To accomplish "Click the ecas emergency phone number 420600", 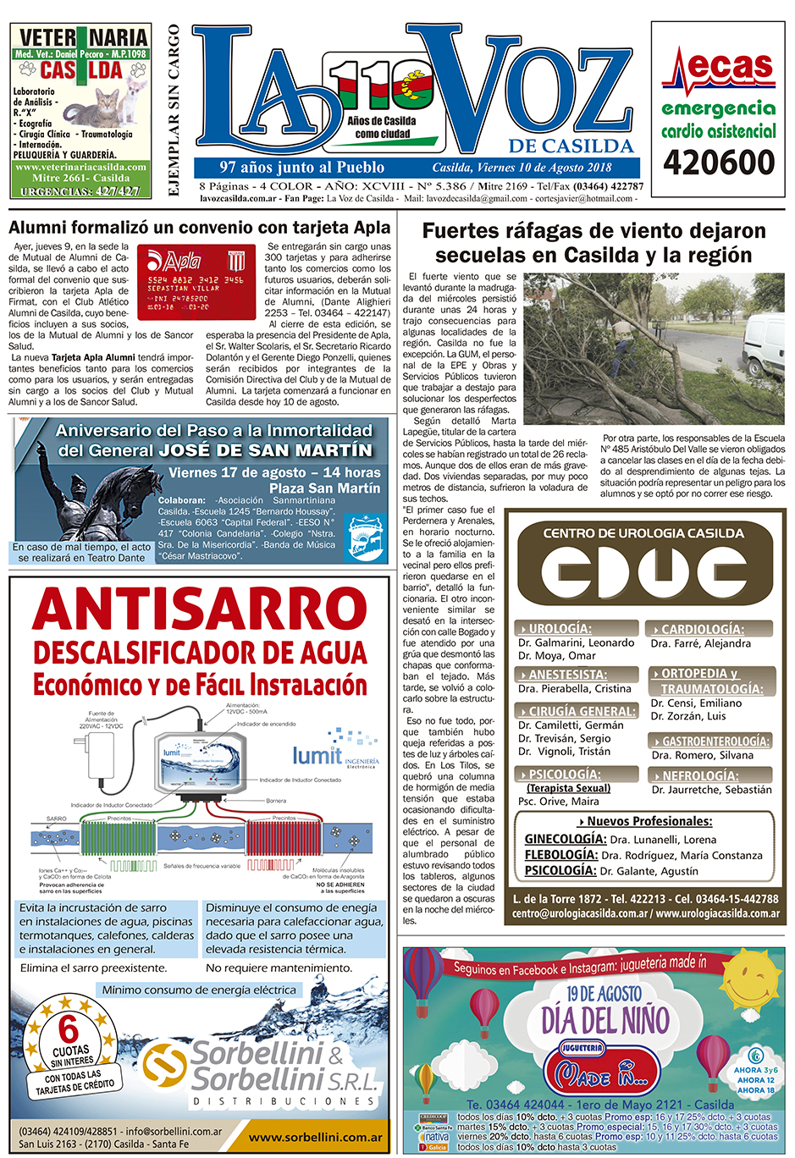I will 719,162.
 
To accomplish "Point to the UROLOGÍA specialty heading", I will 560,629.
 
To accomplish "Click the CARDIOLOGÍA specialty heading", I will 702,629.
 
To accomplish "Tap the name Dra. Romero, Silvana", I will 702,755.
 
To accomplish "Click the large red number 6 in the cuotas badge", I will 68,1030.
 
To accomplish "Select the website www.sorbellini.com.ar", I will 315,1138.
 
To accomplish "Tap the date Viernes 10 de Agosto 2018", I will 522,168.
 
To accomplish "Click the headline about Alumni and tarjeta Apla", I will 200,227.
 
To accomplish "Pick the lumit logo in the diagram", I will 317,755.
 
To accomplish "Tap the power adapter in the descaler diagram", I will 100,754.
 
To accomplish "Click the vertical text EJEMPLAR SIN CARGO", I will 174,110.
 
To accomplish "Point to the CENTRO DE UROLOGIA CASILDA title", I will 643,533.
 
